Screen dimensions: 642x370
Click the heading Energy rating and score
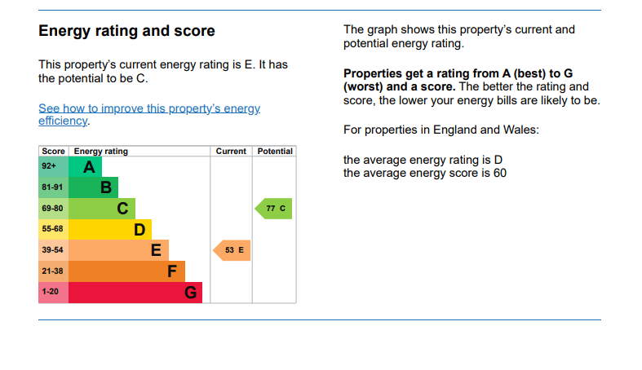coord(126,31)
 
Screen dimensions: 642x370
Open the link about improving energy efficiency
coord(149,114)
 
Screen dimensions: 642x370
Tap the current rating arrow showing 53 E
coord(232,250)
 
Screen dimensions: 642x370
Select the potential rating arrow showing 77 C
coord(273,209)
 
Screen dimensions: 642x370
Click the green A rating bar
coord(85,167)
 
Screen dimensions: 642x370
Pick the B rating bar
coord(93,187)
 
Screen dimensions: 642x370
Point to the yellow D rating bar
coord(110,229)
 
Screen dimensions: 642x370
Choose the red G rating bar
coord(135,293)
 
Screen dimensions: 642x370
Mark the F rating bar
coord(126,271)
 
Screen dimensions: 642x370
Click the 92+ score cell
coord(54,167)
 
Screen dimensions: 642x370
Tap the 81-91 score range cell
coord(54,187)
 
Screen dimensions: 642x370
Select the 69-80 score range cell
coord(54,209)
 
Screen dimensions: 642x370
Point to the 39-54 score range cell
coord(54,250)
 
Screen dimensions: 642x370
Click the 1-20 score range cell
coord(54,293)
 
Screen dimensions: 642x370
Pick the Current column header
coord(231,152)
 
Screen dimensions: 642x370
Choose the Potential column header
coord(275,152)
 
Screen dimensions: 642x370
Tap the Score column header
coord(53,152)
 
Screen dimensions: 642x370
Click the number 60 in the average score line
coord(500,173)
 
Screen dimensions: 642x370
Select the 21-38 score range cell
coord(54,271)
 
